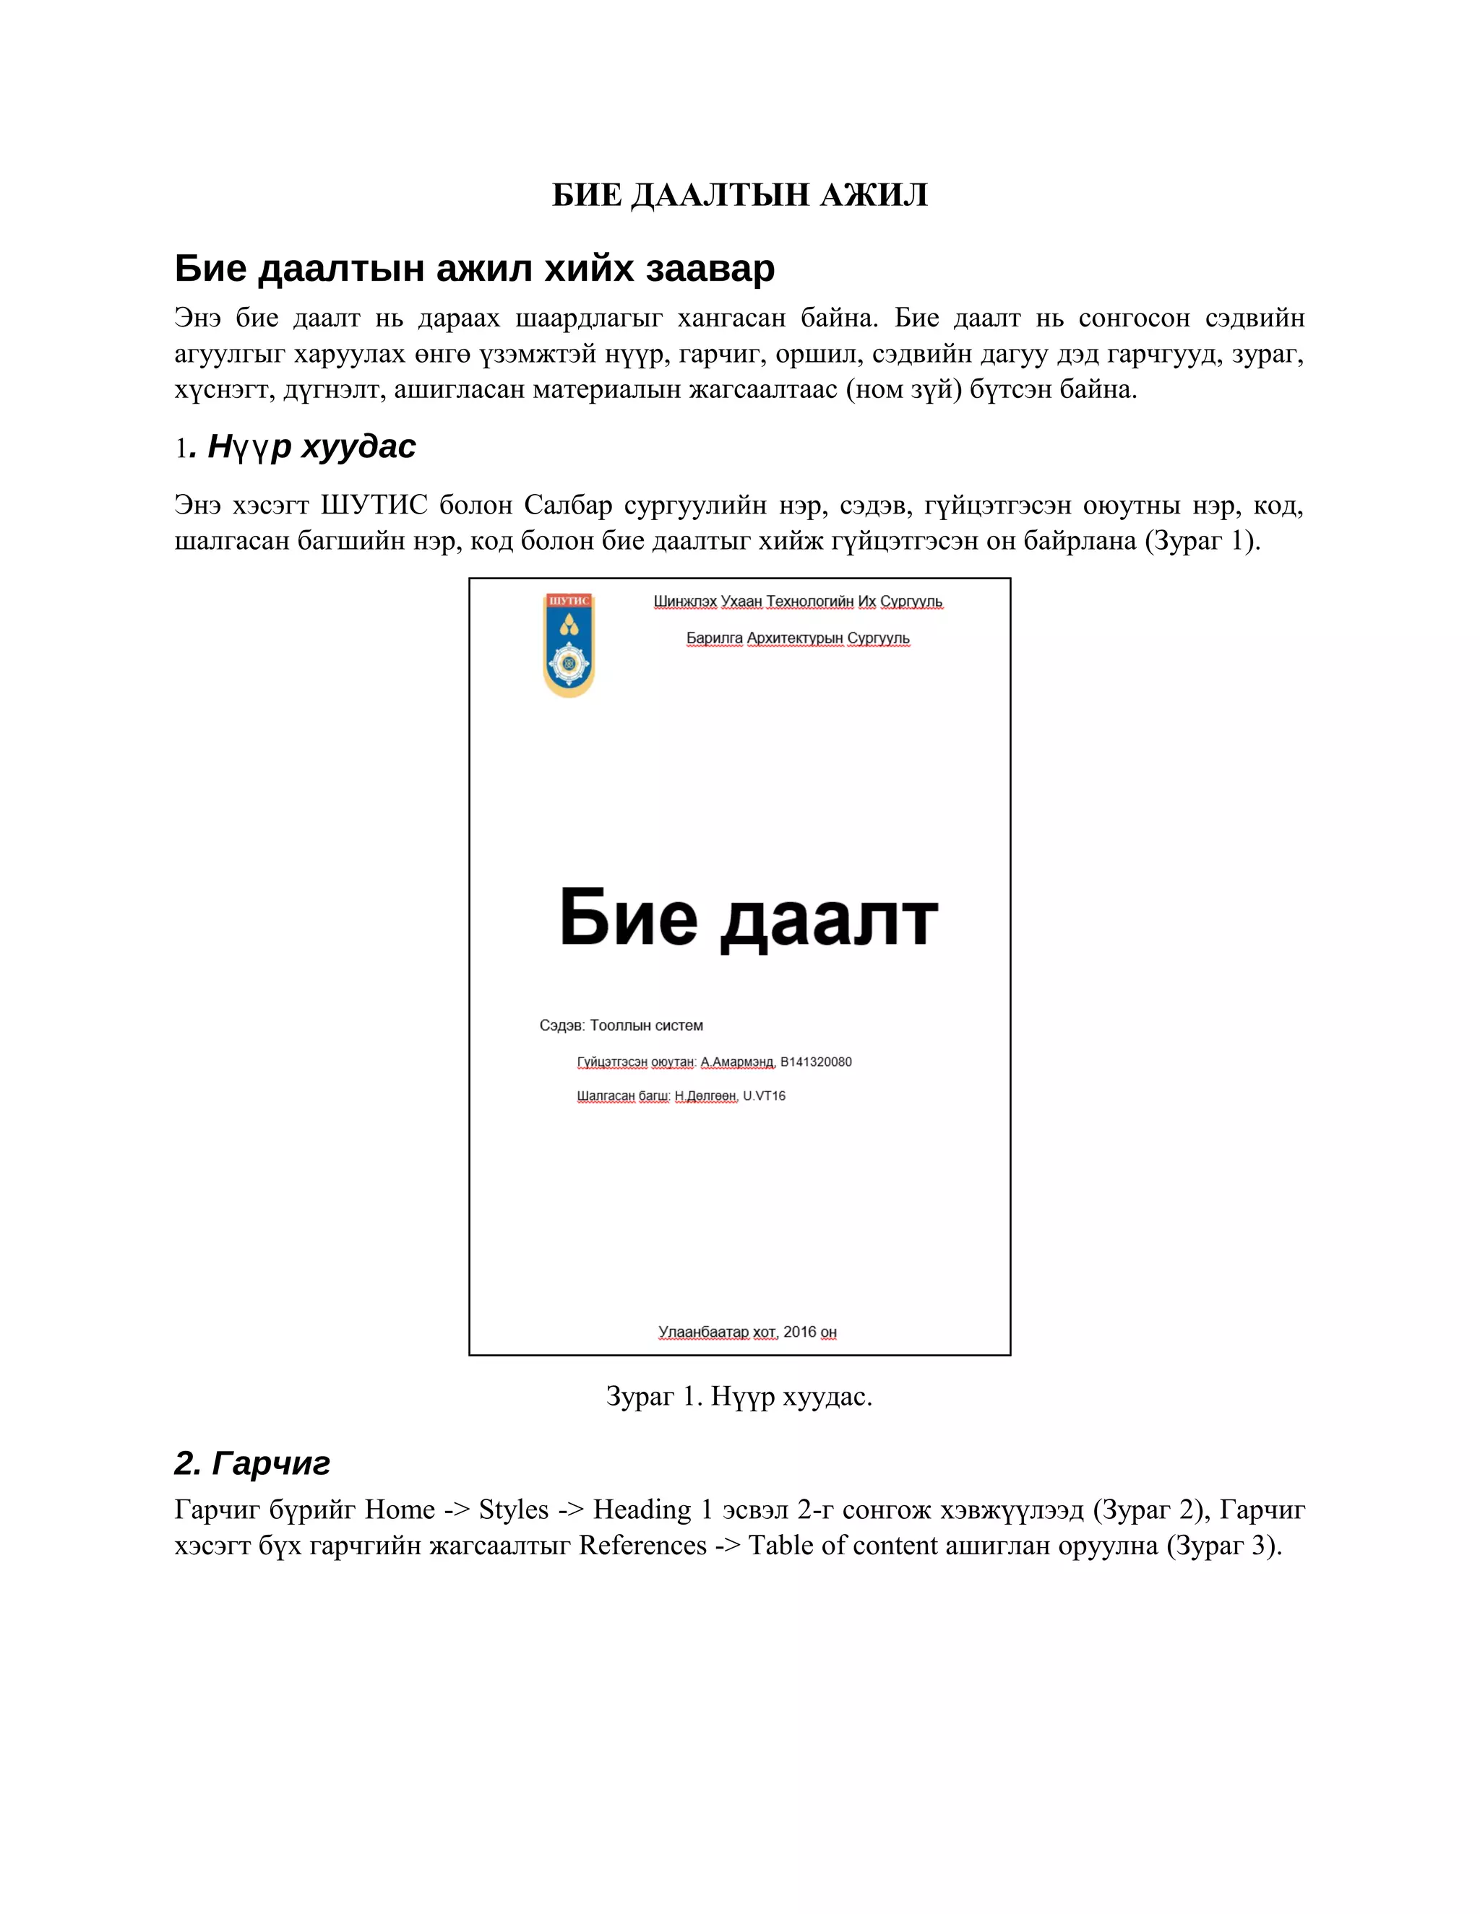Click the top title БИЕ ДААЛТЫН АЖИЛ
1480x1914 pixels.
(739, 194)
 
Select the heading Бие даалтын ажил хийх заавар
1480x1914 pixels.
(474, 268)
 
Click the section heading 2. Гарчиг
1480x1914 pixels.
(251, 1463)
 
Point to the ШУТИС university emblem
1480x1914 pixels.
(569, 645)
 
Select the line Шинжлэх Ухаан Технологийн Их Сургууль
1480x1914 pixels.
(798, 601)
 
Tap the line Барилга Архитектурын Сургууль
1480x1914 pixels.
(798, 638)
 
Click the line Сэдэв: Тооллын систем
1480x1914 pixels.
(621, 1026)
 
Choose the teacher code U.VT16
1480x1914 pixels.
(764, 1096)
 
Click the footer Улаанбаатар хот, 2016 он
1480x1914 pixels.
(747, 1332)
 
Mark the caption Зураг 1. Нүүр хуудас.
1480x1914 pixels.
(739, 1396)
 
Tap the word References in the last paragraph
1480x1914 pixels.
(642, 1545)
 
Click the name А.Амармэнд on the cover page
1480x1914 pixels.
(736, 1062)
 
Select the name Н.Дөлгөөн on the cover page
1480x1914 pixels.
(705, 1096)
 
